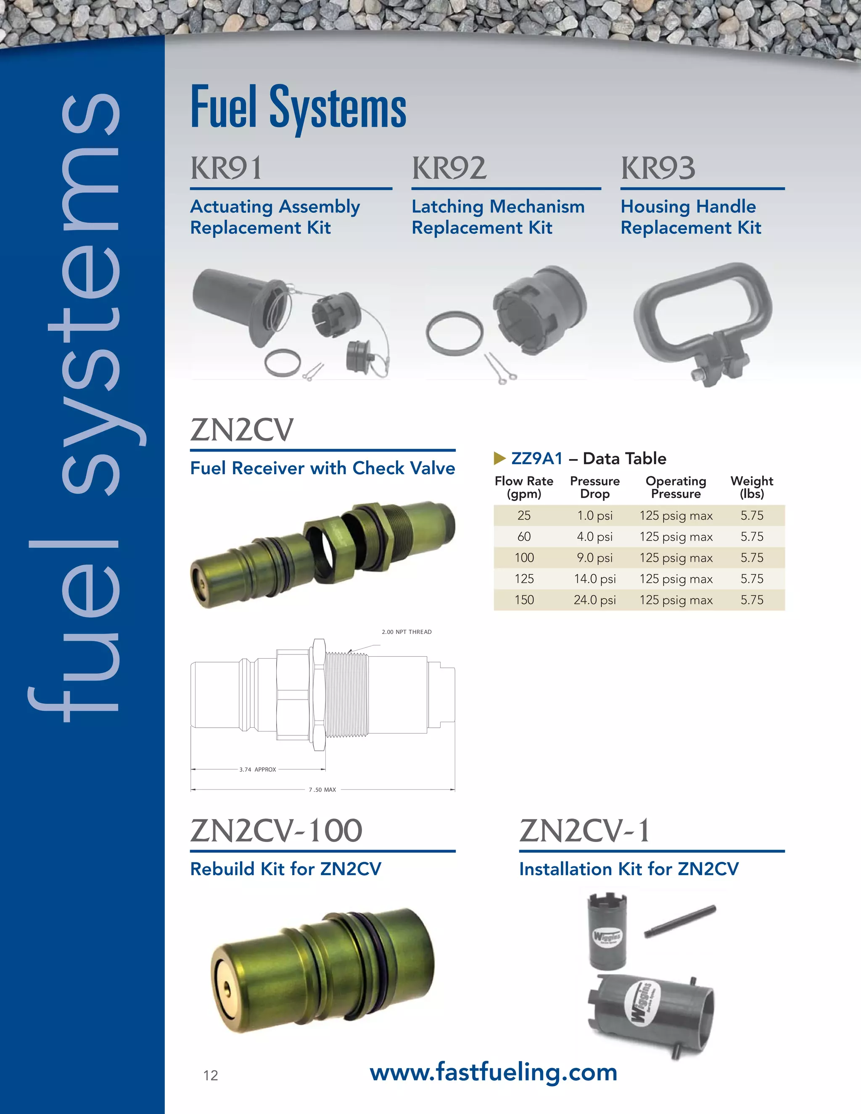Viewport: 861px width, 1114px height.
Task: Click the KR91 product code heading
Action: click(227, 168)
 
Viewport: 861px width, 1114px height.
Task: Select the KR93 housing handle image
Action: click(703, 322)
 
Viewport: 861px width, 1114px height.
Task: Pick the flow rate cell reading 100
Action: click(524, 557)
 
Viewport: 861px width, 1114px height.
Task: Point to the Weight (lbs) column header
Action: click(751, 487)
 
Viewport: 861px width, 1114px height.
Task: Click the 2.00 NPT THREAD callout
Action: click(407, 632)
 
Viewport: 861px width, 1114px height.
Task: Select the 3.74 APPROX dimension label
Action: click(258, 769)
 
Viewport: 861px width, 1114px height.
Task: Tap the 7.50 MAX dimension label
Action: click(322, 789)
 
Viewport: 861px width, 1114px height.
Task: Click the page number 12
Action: click(210, 1076)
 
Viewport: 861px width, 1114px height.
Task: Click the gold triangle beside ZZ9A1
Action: click(499, 459)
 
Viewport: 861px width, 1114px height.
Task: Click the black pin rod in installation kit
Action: click(679, 921)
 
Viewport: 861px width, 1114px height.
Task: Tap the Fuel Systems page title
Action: click(298, 108)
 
